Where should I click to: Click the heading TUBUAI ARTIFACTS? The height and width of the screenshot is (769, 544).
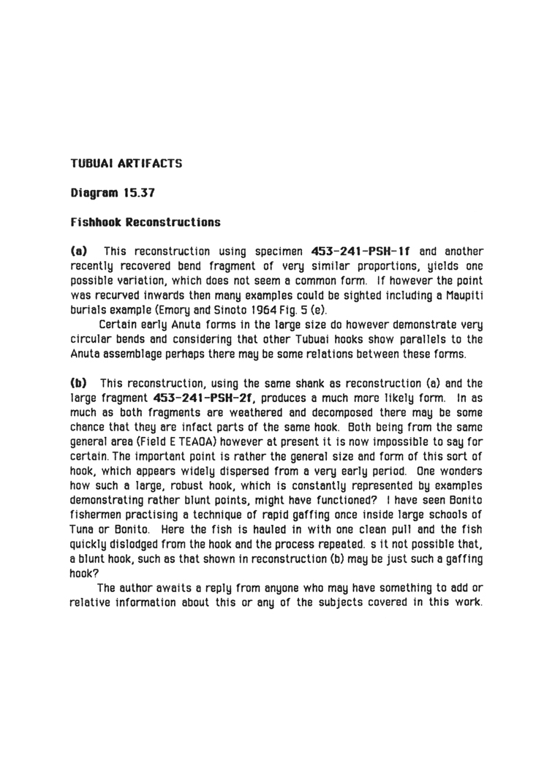coord(126,164)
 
